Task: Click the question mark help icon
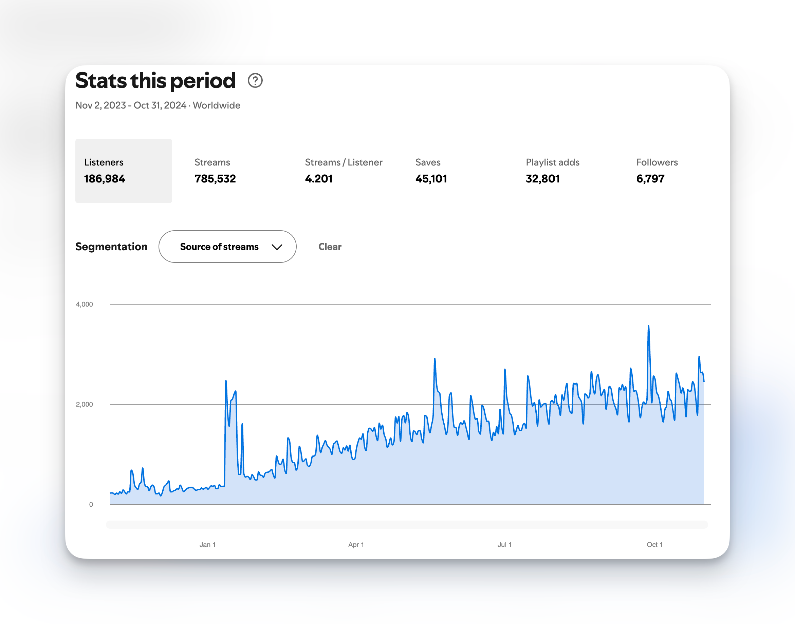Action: (255, 80)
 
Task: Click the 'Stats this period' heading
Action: (155, 80)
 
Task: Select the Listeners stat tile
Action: (124, 171)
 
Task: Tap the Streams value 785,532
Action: (215, 179)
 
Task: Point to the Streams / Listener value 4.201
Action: (319, 179)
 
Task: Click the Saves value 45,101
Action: (431, 179)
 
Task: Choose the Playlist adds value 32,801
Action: (543, 179)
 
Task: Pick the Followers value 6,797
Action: (650, 179)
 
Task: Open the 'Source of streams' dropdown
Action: (227, 247)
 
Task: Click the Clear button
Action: (330, 247)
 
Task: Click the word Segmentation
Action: (111, 247)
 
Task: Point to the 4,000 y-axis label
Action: (84, 304)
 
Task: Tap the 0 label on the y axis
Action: (91, 505)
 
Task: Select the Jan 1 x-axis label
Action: (207, 545)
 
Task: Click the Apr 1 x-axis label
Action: (356, 545)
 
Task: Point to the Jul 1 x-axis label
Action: (504, 545)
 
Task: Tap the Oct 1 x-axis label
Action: (654, 545)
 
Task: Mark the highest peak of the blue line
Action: (648, 326)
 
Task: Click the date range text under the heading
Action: (158, 105)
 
